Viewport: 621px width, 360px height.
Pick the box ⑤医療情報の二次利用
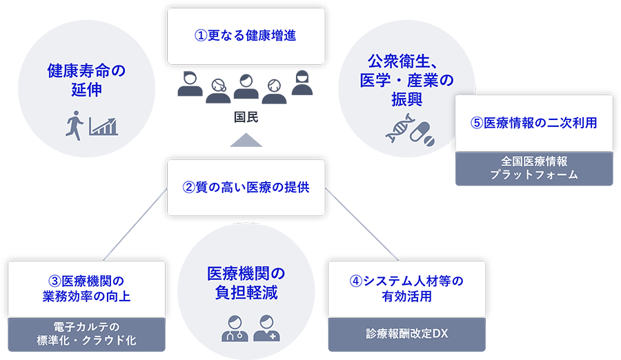click(534, 123)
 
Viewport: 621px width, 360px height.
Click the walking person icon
click(74, 125)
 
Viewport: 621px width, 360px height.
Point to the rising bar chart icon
click(103, 126)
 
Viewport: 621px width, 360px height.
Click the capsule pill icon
click(423, 131)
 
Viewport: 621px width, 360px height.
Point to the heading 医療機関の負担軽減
click(246, 282)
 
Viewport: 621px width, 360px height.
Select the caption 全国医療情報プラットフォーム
click(534, 168)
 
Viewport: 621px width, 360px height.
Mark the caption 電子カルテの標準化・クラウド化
click(86, 333)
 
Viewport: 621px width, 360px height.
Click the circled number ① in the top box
click(201, 36)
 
